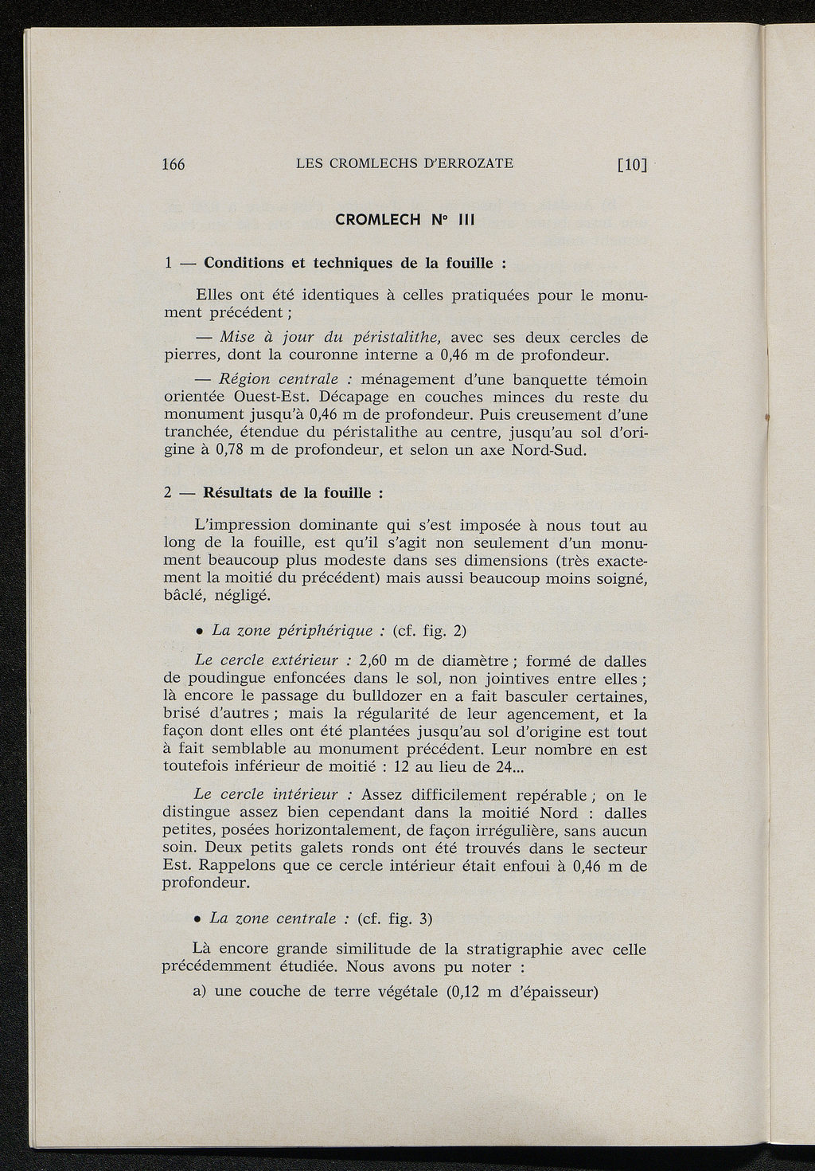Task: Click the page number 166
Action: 173,165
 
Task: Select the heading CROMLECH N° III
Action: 405,220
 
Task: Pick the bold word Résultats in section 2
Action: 239,492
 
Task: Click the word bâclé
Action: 185,596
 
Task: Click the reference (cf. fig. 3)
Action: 396,918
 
